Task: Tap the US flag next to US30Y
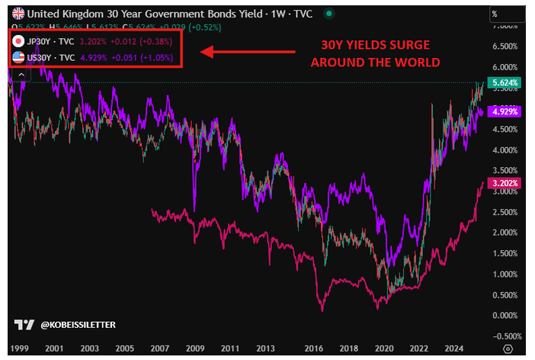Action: click(18, 57)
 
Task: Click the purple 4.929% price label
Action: click(505, 111)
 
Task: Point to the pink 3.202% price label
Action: click(505, 183)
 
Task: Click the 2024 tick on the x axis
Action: click(454, 347)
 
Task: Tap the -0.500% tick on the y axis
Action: click(505, 336)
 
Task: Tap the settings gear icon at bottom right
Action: click(508, 348)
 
